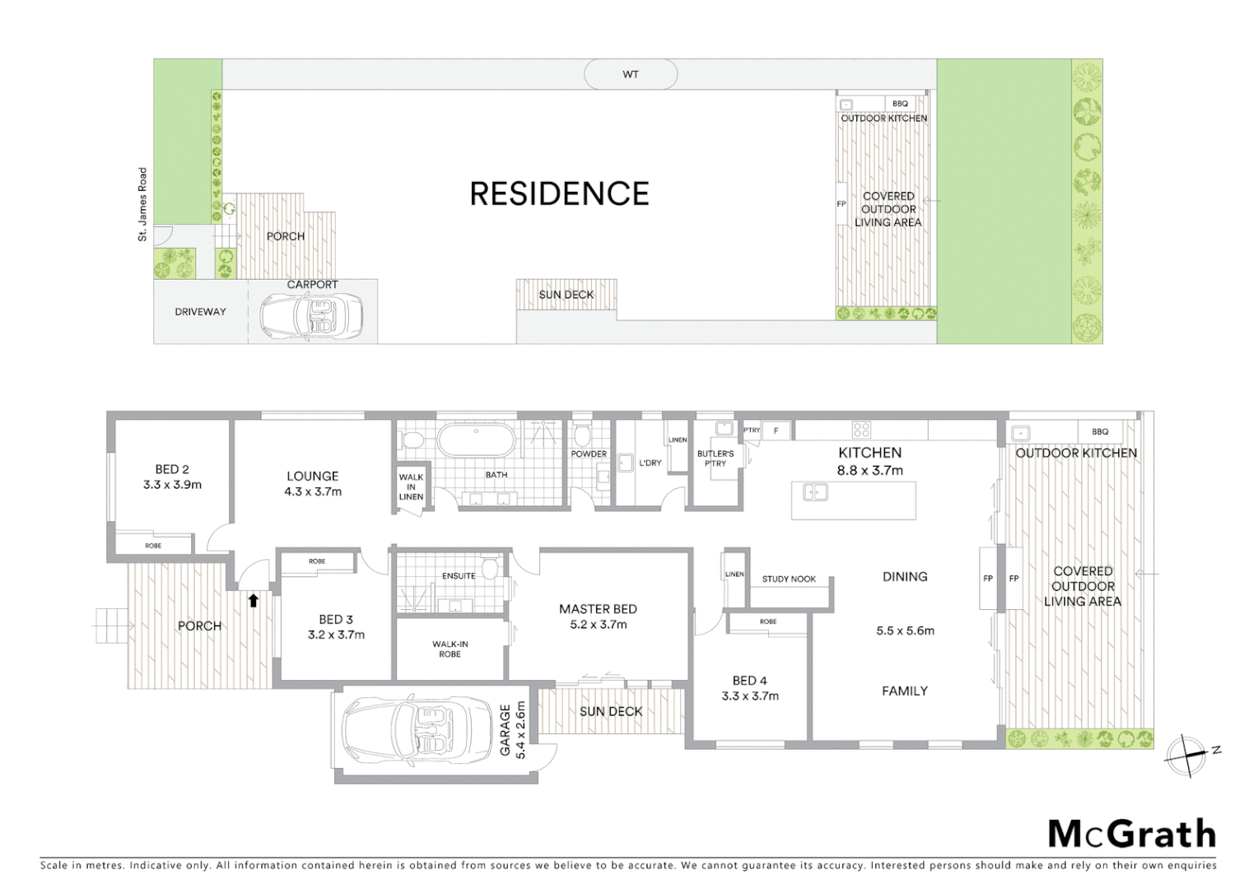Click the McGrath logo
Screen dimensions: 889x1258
(1131, 835)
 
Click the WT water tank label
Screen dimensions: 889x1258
(631, 75)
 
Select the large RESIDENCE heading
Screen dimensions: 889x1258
(559, 194)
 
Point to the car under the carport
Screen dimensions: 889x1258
(311, 315)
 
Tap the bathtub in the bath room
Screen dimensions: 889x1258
(475, 440)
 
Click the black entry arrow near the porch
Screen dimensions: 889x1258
(254, 601)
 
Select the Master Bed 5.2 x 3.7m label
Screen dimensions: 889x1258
(598, 617)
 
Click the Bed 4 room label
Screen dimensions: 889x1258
(749, 688)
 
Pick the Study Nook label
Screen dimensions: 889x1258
(789, 579)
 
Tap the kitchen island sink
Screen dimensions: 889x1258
(815, 493)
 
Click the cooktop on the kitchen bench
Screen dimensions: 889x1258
(861, 430)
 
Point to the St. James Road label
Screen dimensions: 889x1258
(142, 204)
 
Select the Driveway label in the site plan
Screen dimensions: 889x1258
(200, 312)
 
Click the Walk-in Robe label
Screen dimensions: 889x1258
(450, 649)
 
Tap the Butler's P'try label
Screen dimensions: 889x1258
(715, 458)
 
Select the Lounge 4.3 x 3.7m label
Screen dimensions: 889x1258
(313, 484)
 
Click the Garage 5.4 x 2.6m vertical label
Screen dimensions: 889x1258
(512, 729)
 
